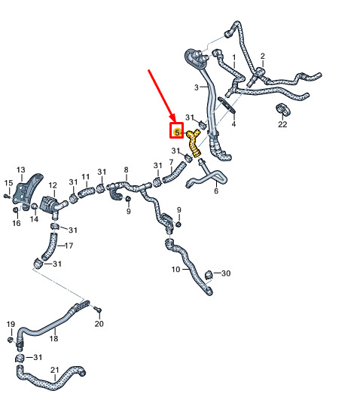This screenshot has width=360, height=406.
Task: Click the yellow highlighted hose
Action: click(194, 144)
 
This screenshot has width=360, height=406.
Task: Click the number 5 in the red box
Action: click(177, 133)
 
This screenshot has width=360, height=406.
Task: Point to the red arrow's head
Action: click(172, 118)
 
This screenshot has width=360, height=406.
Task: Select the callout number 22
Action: click(282, 124)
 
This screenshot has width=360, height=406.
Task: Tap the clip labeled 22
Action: click(283, 109)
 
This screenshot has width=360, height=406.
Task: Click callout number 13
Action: click(20, 170)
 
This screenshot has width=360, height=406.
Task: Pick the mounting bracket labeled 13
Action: click(27, 191)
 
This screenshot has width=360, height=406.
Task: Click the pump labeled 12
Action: click(52, 204)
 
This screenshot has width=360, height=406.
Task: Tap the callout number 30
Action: click(226, 273)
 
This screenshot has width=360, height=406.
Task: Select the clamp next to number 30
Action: click(209, 275)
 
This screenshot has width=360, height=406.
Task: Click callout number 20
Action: click(99, 323)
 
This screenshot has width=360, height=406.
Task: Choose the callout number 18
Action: click(53, 338)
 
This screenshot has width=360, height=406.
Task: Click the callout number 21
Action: click(55, 370)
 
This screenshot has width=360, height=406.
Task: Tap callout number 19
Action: click(11, 324)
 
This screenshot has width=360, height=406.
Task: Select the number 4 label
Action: click(233, 124)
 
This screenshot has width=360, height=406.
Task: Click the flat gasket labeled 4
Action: click(227, 105)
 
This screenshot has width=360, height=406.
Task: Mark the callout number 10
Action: click(175, 270)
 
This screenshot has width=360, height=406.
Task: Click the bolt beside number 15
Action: click(7, 197)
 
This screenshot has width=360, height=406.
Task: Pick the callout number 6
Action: click(216, 191)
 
